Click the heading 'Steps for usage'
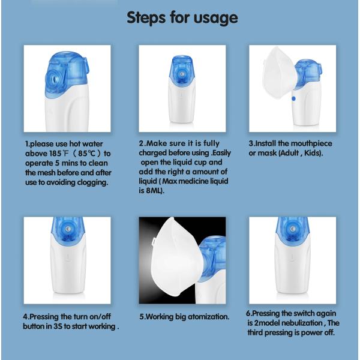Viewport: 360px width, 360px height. (182, 18)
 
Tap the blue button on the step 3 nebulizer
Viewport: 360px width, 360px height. (293, 99)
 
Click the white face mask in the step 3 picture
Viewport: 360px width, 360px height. (279, 72)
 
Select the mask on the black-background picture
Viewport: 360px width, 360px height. (174, 256)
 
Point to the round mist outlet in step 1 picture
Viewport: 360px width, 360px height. (55, 80)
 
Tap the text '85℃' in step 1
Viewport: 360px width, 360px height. (86, 154)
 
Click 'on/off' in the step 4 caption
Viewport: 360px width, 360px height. (100, 317)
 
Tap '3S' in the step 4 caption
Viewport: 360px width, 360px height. (58, 326)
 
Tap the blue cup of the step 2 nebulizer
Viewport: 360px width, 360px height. (182, 71)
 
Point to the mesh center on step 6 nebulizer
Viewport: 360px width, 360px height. (292, 229)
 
